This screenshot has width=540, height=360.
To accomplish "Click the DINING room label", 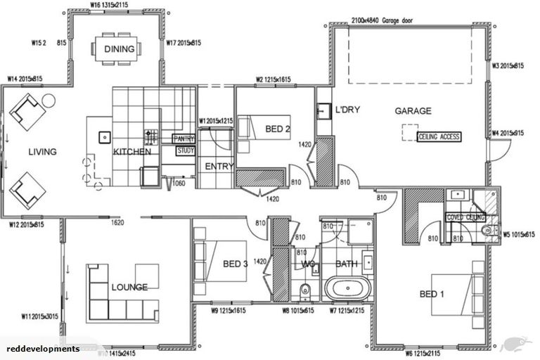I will [x=117, y=49].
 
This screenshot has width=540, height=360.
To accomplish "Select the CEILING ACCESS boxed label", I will [x=439, y=137].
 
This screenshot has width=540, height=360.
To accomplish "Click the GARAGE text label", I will [x=413, y=111].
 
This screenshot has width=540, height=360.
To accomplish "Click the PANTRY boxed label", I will [x=184, y=139].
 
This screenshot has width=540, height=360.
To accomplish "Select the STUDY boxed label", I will [x=185, y=150].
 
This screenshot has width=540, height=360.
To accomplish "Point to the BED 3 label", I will [x=236, y=264].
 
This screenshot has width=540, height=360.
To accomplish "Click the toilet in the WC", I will [x=304, y=291].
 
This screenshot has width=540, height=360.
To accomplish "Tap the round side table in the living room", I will [x=49, y=100].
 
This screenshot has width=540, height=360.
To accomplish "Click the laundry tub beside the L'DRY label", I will [x=323, y=111].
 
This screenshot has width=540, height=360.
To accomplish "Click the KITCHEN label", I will [x=132, y=151].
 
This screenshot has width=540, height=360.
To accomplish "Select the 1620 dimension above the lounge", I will [x=118, y=222].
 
